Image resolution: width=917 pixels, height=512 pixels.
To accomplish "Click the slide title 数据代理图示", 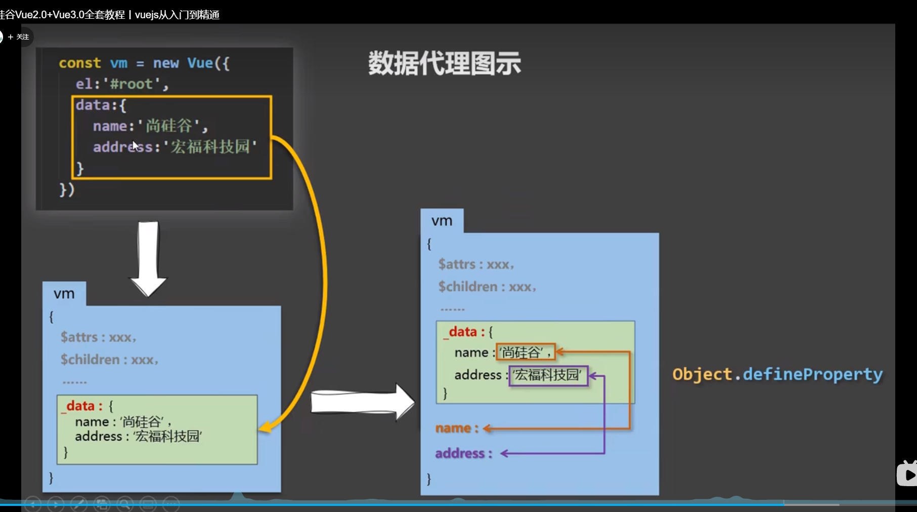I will [x=444, y=64].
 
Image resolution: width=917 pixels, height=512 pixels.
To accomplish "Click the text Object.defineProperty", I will [x=777, y=374].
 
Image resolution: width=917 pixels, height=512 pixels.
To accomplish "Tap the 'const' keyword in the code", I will [x=79, y=63].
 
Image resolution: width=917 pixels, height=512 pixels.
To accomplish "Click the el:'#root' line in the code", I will [x=121, y=84].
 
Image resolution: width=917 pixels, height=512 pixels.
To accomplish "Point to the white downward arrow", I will [x=148, y=258].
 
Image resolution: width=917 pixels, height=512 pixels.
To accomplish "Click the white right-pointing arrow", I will [x=362, y=402].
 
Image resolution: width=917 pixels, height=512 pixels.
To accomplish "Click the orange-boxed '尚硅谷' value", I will [x=525, y=352].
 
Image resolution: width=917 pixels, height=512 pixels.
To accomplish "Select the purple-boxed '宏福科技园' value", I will [x=548, y=375].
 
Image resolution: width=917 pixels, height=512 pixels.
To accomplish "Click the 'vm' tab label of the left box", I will [x=64, y=294].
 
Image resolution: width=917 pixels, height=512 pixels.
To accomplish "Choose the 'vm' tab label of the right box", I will [x=442, y=221].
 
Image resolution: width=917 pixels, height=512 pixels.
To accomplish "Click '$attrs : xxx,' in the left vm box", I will [x=98, y=337].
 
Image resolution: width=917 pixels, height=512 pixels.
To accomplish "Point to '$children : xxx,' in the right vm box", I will [x=487, y=287].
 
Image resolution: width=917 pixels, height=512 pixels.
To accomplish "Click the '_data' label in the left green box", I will [x=81, y=406].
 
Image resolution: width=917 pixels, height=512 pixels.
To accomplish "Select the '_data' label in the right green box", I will [x=463, y=332].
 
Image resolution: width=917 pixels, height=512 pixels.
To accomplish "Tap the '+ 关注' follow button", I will [x=19, y=37].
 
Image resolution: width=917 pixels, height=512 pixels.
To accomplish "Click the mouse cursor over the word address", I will [x=135, y=146].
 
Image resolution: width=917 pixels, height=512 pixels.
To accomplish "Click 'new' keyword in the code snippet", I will [x=166, y=63].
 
